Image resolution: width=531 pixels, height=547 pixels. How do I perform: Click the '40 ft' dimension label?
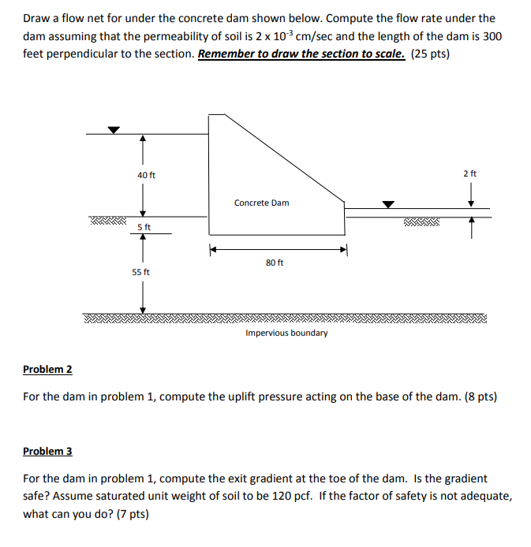pos(147,174)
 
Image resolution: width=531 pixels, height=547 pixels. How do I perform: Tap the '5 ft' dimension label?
pos(144,227)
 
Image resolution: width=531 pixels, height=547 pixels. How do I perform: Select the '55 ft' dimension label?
pos(141,272)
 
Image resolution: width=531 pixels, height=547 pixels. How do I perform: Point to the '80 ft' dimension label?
pos(275,262)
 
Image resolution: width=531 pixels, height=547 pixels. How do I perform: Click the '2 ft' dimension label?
pos(470,173)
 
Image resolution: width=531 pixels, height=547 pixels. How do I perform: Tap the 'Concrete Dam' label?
pos(261,203)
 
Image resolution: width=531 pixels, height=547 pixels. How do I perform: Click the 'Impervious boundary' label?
pos(286,333)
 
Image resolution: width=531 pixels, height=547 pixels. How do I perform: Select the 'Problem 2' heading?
pos(47,369)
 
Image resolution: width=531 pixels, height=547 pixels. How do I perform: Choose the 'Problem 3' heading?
pos(47,451)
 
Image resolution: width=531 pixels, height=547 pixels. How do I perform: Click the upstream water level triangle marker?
pos(114,130)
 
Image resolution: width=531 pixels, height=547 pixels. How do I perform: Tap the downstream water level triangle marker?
pos(387,204)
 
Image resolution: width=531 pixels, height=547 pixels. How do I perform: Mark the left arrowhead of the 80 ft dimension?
pos(212,251)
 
